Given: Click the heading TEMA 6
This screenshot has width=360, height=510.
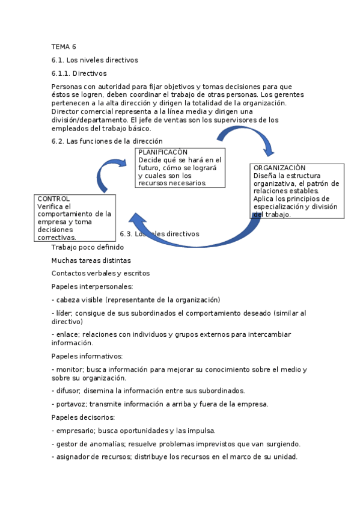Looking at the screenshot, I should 64,46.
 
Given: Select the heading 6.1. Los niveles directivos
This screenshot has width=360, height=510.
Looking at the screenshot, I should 94,60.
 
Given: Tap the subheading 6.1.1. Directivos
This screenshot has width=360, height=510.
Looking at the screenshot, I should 79,73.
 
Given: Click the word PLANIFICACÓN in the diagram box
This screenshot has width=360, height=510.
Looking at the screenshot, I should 163,153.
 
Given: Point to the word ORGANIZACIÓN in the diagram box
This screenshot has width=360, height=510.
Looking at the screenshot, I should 279,168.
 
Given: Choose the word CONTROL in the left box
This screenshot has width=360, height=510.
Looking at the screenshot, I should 53,198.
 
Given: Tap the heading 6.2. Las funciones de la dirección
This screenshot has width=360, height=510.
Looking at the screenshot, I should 107,141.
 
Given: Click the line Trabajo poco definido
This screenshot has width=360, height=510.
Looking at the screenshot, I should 88,247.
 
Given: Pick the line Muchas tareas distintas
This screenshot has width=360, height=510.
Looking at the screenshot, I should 91,260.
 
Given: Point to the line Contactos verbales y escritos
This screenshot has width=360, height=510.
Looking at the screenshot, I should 100,273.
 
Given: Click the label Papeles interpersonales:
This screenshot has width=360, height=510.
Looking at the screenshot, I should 92,286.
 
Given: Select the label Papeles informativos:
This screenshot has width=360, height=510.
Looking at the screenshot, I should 87,356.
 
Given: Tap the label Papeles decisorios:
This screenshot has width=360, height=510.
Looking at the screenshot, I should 83,417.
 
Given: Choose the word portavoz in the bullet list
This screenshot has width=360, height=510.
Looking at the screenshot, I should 70,404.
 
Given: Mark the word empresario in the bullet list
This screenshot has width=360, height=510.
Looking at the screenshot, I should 75,431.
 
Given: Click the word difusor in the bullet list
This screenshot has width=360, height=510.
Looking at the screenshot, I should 68,391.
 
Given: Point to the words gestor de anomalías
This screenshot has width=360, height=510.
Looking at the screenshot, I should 90,444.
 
